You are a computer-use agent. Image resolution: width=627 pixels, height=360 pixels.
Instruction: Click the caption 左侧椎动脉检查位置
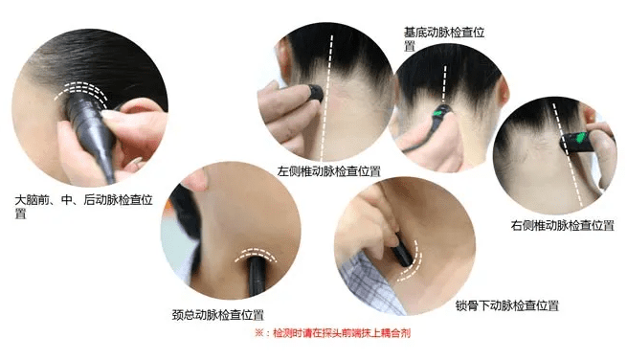click(328, 171)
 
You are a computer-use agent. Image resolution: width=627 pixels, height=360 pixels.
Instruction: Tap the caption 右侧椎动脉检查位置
click(562, 225)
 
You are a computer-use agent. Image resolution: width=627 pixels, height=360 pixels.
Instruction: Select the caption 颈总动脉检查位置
click(218, 315)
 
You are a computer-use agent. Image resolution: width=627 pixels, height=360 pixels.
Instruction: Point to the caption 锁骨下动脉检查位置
click(507, 305)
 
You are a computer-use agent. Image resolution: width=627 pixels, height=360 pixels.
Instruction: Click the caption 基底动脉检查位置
click(444, 39)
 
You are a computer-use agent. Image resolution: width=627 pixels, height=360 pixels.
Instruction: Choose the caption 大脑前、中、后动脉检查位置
click(83, 206)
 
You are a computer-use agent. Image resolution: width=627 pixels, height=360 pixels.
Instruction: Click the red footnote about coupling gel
click(333, 333)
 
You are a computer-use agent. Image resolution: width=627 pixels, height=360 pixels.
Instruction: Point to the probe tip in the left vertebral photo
click(315, 94)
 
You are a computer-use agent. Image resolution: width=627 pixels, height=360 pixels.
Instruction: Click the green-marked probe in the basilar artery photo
click(442, 113)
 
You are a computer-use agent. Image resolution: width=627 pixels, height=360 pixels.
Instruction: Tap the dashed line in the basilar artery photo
click(444, 84)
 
